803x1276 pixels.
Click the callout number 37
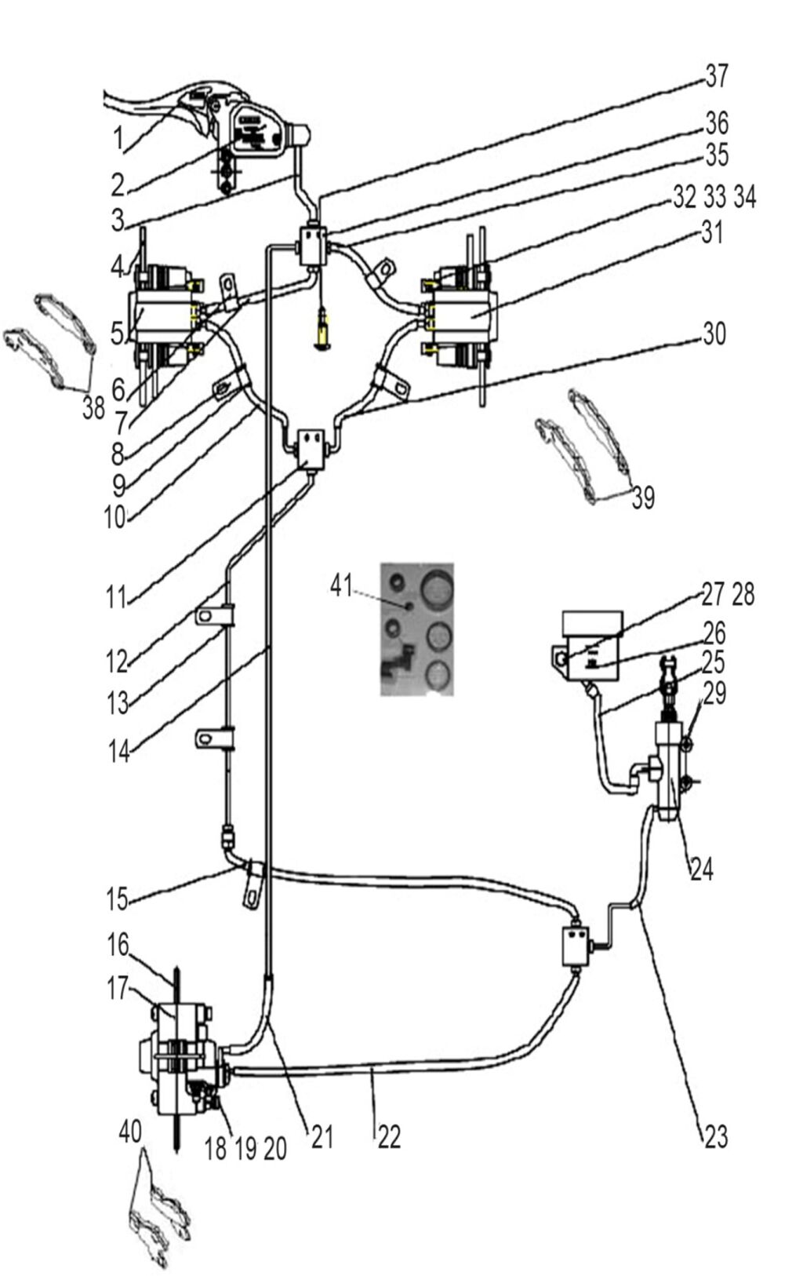(x=717, y=76)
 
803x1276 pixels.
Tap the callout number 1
(x=118, y=138)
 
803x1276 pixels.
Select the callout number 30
(x=714, y=334)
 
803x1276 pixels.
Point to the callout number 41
(x=341, y=585)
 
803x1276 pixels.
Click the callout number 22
(x=389, y=1137)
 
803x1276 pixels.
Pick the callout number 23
(x=716, y=1137)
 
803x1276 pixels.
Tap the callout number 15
(x=117, y=899)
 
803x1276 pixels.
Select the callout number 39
(x=643, y=498)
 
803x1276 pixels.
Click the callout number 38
(x=94, y=408)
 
